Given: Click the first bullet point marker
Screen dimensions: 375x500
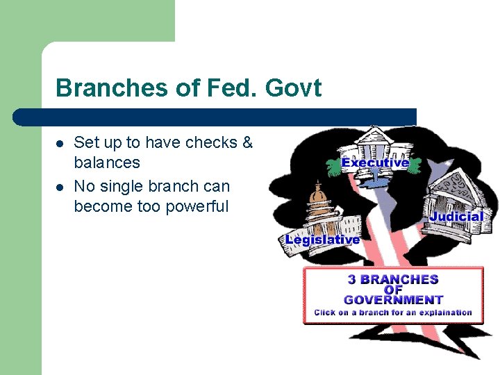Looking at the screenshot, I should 60,144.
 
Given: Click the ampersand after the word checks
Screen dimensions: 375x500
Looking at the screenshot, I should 247,143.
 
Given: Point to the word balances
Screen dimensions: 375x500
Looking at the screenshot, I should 107,163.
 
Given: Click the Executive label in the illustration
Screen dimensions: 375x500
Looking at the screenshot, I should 375,162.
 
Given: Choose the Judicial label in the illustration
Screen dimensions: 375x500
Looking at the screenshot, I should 456,216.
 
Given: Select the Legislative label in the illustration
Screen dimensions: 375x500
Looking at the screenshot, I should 322,240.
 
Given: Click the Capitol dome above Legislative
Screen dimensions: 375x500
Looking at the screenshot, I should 320,198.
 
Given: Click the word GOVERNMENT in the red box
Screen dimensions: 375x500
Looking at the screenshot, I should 393,300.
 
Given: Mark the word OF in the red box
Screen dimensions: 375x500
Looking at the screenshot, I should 393,290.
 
